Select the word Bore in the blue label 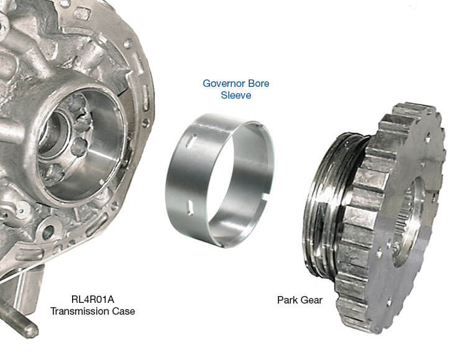point(258,83)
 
